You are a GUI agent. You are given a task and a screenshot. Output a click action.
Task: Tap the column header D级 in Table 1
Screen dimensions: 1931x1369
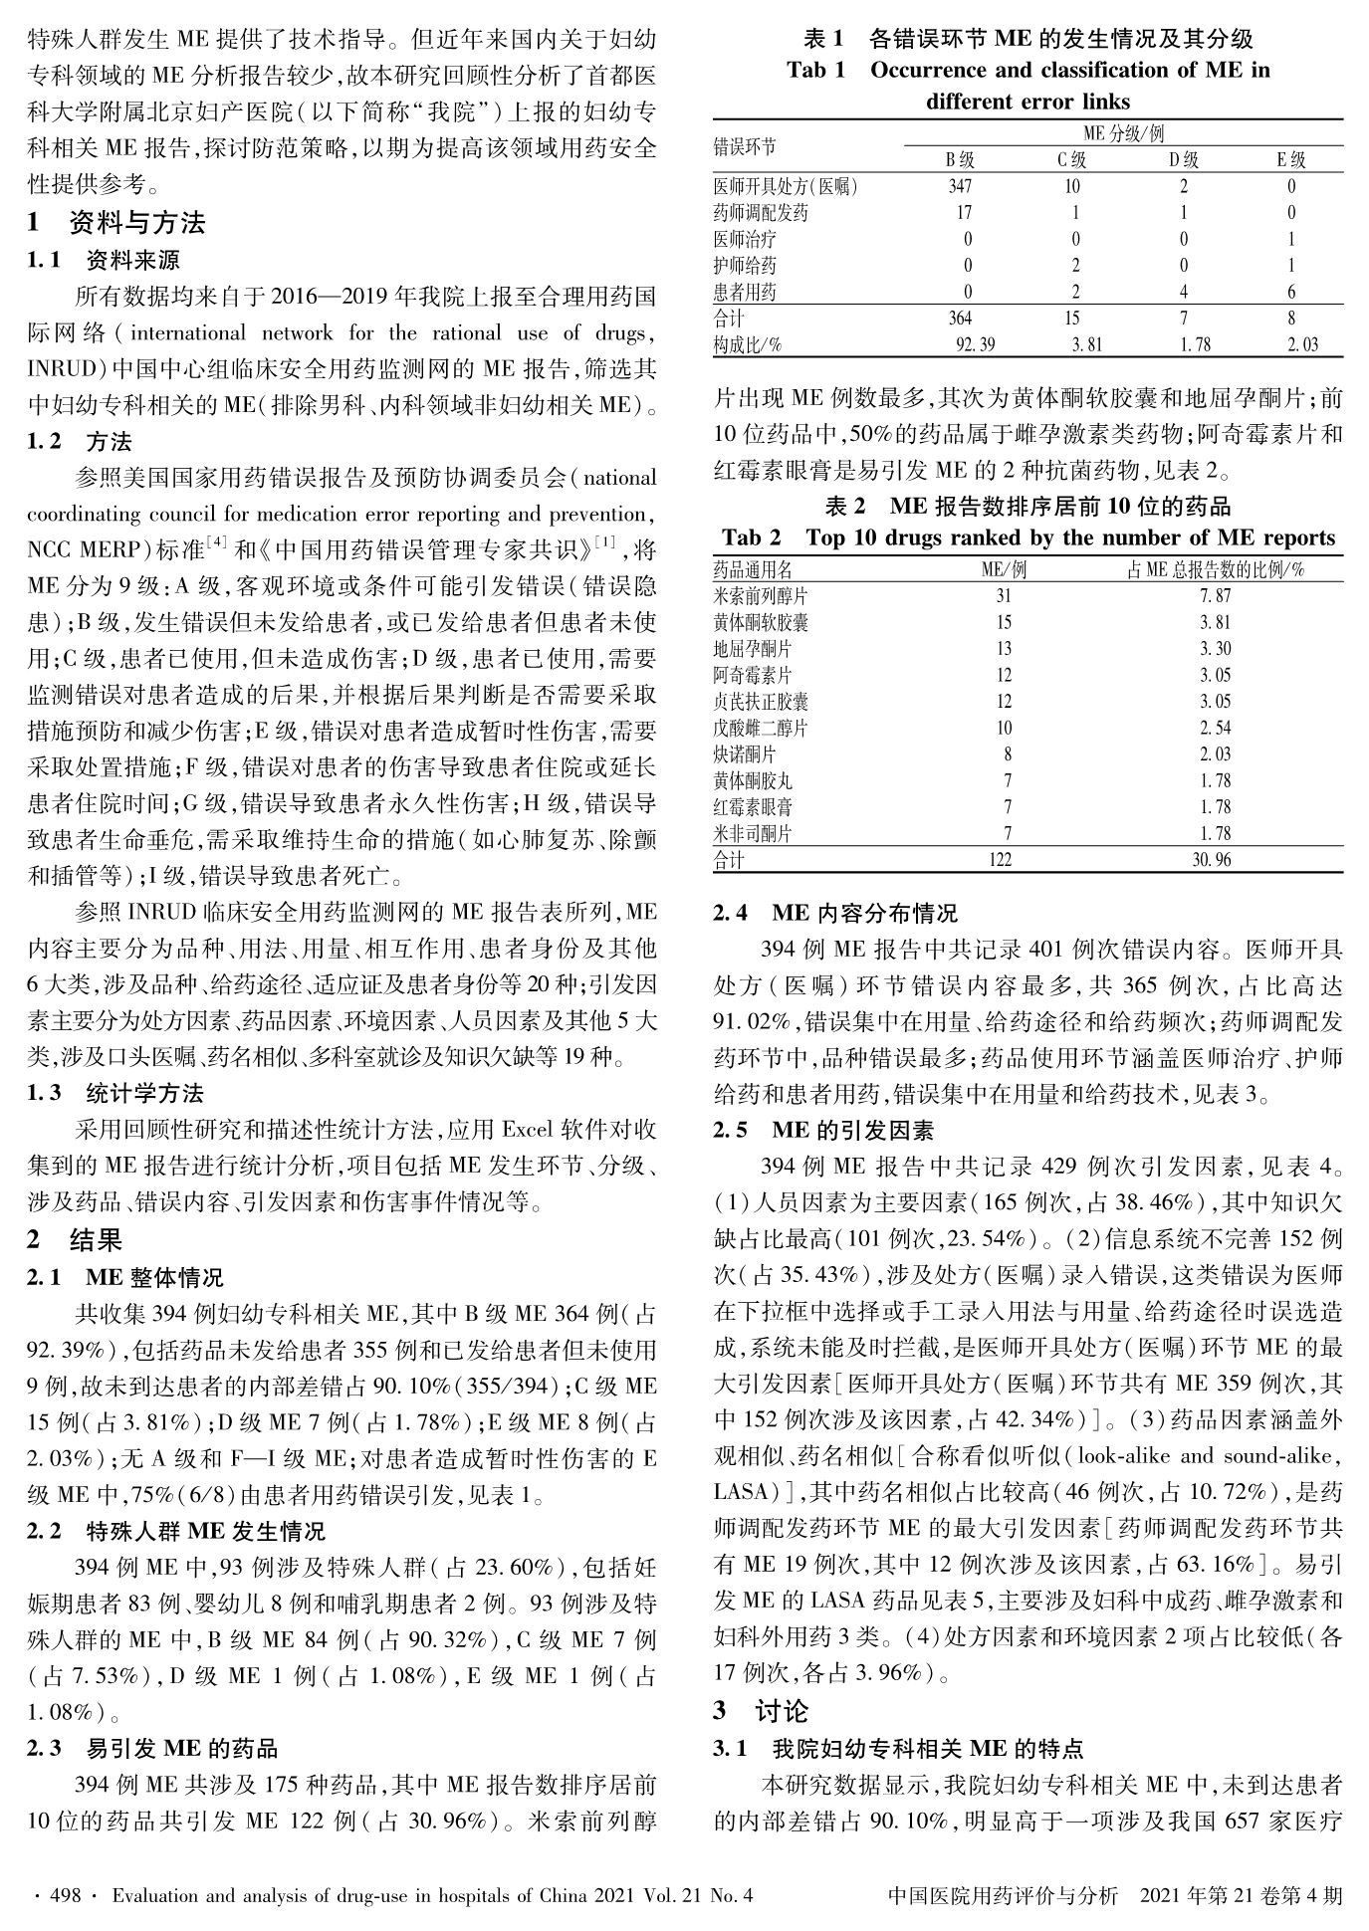tap(1183, 160)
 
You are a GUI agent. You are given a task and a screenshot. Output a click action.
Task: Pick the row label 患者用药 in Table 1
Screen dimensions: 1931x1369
tap(745, 292)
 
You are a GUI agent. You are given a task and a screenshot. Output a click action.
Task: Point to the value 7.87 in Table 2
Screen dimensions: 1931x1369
tap(1215, 596)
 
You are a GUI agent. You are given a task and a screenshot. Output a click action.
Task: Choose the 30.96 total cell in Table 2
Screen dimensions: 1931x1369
tap(1212, 860)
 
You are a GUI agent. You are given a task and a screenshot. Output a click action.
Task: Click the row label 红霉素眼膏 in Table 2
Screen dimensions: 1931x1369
tap(754, 807)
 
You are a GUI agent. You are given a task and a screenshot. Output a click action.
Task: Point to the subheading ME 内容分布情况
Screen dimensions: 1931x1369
tap(864, 912)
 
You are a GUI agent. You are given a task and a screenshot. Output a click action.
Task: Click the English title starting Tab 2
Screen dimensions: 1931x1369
tap(1027, 538)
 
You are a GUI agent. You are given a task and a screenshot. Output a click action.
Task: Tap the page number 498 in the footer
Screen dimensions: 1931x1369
tap(65, 1896)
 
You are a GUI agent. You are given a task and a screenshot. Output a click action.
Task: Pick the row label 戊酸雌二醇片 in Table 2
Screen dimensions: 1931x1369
tap(761, 729)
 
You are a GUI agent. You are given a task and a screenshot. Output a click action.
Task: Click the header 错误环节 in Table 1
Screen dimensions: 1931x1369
tap(745, 147)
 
